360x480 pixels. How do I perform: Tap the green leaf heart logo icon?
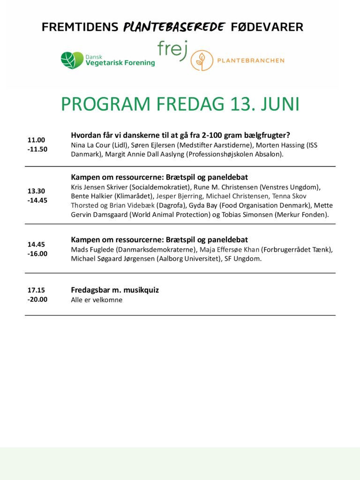(72, 60)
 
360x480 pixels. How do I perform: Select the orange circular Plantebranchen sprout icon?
(201, 60)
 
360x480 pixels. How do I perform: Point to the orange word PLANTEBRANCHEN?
(250, 60)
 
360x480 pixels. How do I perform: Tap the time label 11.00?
(36, 140)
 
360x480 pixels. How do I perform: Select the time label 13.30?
(36, 191)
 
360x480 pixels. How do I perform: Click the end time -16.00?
(37, 254)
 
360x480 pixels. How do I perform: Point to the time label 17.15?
(36, 290)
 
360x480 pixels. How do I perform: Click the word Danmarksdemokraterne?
(156, 249)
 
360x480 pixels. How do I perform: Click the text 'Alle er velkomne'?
(97, 300)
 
